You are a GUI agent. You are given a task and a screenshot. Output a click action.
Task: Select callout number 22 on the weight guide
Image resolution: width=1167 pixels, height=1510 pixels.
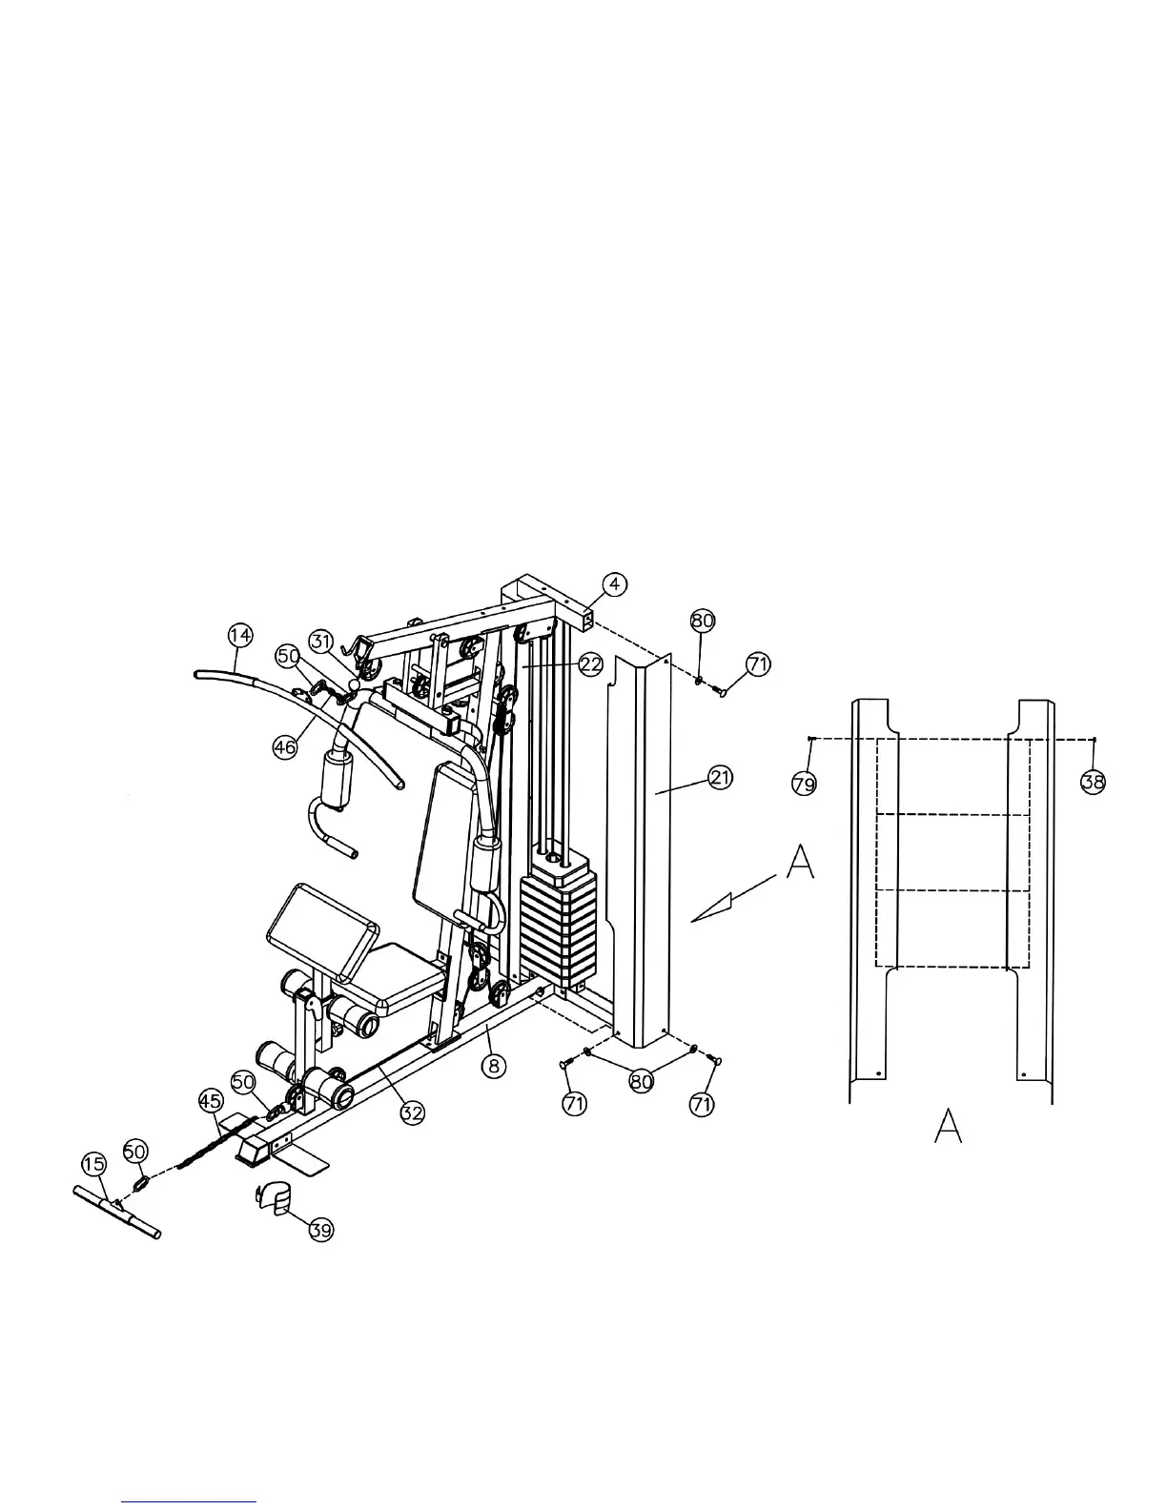point(591,664)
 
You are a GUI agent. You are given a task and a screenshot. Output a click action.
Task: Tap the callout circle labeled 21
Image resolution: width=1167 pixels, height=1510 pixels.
point(721,778)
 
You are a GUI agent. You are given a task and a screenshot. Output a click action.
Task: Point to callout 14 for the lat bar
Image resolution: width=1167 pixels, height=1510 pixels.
point(240,634)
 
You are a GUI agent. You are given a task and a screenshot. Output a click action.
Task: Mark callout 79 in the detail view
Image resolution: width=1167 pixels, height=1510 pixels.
point(805,783)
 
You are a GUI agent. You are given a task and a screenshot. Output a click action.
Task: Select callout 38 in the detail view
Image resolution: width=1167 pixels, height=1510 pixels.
point(1093,783)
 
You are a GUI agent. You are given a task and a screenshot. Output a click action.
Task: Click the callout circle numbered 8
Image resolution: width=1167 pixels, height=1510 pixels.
point(493,1065)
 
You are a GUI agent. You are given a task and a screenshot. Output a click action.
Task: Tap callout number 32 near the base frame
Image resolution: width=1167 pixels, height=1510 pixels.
point(412,1112)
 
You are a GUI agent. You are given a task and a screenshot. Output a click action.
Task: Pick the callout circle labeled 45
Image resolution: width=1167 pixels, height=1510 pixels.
point(211,1100)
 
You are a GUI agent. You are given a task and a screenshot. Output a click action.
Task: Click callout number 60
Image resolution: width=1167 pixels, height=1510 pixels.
point(135,1152)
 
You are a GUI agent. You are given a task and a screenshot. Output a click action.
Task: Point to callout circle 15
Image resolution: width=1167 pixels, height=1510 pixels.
point(93,1164)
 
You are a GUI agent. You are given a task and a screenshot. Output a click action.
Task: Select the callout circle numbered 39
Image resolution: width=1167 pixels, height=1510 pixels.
point(321,1230)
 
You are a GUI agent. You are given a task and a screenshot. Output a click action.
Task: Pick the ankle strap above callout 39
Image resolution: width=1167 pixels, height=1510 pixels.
point(274,1198)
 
